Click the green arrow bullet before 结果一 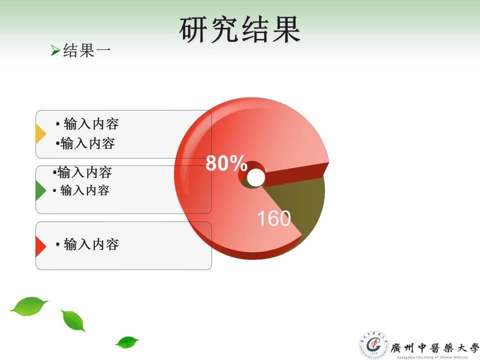coord(55,50)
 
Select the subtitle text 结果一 coord(86,50)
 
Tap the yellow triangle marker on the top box coord(40,134)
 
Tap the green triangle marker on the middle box coord(40,190)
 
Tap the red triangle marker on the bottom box coord(40,246)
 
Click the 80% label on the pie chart coord(226,163)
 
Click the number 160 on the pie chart coord(273,218)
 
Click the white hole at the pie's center coord(256,177)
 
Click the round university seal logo coord(374,345)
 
